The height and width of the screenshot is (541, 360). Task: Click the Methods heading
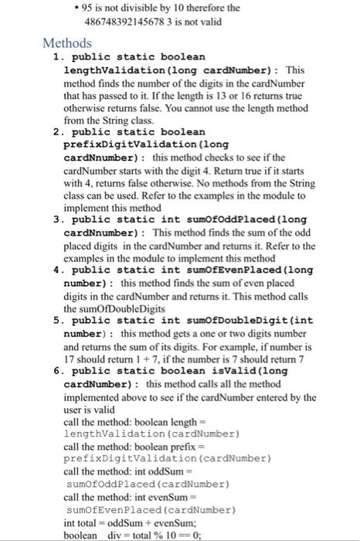tap(69, 42)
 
